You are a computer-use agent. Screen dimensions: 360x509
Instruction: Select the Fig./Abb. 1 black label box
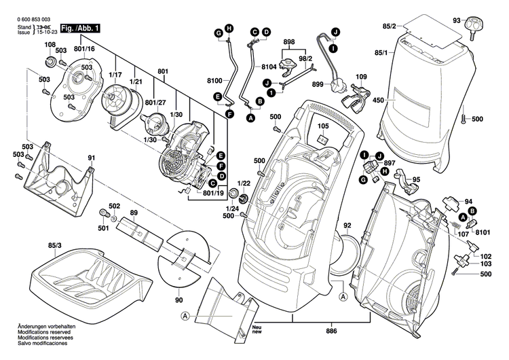[x=80, y=29]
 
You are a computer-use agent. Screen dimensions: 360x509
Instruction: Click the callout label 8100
[x=214, y=79]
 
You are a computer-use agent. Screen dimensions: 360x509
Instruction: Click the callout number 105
[x=322, y=126]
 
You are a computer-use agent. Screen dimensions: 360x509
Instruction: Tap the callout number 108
[x=50, y=46]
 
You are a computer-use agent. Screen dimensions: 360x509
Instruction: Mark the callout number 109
[x=361, y=77]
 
